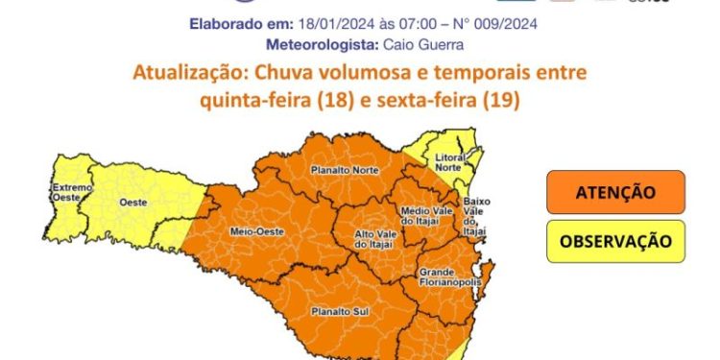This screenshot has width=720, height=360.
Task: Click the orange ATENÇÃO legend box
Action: pyautogui.click(x=615, y=192)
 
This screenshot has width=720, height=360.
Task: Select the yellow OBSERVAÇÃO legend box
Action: pyautogui.click(x=615, y=241)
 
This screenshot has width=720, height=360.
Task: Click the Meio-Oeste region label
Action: pyautogui.click(x=253, y=231)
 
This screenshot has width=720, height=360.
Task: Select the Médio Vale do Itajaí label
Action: pyautogui.click(x=420, y=217)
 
